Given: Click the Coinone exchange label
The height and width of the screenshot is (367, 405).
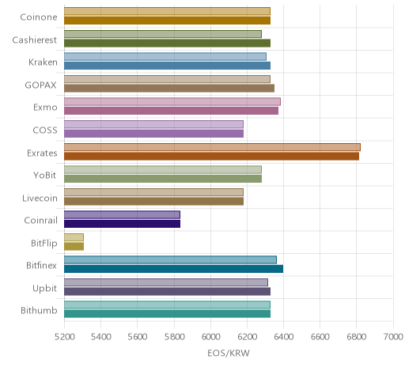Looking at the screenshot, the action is point(39,17).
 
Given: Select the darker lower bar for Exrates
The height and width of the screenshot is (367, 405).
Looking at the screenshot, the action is point(211,156).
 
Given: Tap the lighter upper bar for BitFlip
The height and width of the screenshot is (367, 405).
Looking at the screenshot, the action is point(74,237).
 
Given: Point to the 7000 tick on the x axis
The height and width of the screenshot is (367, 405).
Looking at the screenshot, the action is point(393,337).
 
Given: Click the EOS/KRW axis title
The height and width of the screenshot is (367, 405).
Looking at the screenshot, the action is point(229,353).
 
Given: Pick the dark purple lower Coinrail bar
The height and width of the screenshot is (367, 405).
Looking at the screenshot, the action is point(122,224).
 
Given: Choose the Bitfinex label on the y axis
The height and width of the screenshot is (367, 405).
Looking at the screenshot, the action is point(41,265).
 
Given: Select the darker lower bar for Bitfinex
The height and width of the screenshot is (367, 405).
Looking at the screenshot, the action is point(173,269).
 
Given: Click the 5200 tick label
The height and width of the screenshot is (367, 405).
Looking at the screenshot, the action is point(65,337).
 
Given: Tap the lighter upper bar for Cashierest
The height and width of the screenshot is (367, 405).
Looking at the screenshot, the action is point(163,34).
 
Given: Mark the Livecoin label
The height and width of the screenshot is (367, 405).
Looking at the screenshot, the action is point(40,198).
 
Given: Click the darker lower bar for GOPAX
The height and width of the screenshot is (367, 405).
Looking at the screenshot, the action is point(169,88).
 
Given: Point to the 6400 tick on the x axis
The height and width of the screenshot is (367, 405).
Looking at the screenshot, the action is point(284,337).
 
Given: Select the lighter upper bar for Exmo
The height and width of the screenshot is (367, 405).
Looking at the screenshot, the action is point(172,102).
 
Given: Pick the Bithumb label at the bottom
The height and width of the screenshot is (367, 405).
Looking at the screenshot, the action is point(39,310).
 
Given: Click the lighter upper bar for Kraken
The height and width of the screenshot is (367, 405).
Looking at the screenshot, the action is point(165,57).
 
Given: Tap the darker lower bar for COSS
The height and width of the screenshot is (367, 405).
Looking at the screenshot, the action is point(153,134).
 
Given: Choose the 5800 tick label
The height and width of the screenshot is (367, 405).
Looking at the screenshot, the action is point(174,337).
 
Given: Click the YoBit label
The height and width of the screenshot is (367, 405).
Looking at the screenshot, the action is point(45,175).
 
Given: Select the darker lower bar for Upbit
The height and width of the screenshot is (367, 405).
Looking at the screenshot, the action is point(167,291).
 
